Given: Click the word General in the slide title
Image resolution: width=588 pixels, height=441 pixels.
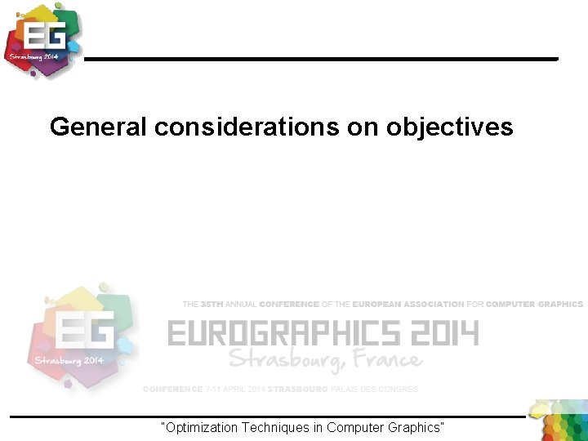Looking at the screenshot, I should [x=99, y=127].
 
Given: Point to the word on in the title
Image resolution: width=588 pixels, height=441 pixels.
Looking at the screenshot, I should [x=367, y=127].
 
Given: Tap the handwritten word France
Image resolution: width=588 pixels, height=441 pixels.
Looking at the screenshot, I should [x=384, y=359].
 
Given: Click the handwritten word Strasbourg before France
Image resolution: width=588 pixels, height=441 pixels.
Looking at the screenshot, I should [x=283, y=360].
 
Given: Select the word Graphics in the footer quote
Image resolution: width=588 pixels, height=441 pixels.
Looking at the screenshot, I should [x=413, y=427].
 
